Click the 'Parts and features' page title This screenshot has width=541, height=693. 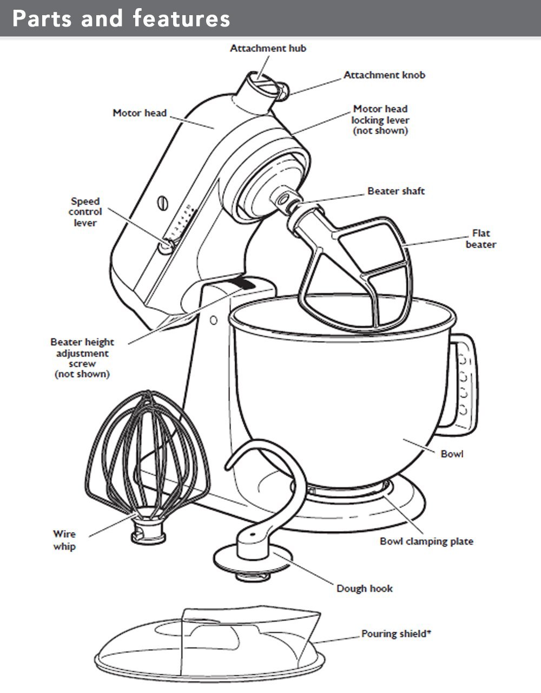pos(121,18)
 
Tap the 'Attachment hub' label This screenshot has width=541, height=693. pos(268,48)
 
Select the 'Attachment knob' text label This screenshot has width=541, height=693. pos(384,75)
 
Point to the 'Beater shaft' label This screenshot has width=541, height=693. pos(396,191)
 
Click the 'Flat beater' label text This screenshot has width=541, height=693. pos(481,239)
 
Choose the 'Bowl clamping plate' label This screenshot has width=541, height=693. pos(426,541)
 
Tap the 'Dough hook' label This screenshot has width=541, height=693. pos(365,589)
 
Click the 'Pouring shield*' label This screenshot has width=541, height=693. pos(395,633)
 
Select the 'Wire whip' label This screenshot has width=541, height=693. pos(64,540)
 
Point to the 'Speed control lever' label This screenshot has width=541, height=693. pos(85,212)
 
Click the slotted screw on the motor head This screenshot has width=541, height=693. pos(163,203)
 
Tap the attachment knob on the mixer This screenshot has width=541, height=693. pos(282,91)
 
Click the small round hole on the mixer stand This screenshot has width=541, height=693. pos(214,320)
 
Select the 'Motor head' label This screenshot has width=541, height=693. pos(140,113)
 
